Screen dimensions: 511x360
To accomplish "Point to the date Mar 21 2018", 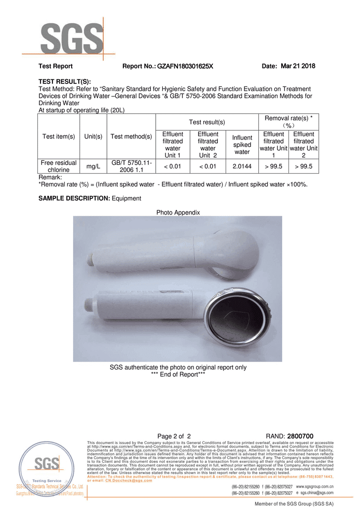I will click(x=298, y=66).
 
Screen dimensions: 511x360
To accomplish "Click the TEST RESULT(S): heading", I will click(x=65, y=82).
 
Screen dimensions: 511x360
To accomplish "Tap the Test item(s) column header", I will click(x=59, y=137).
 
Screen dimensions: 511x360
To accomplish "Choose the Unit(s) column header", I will click(x=93, y=137).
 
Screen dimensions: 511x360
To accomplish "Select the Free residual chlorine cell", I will click(x=59, y=166).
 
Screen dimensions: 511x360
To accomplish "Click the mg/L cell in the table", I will click(x=93, y=166).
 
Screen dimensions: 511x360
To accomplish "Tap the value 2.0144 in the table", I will click(x=242, y=166).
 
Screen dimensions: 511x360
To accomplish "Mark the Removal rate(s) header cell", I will click(x=288, y=122).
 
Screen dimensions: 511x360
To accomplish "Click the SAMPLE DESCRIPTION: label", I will click(x=74, y=198).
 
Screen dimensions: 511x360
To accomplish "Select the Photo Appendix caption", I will click(x=178, y=212).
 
